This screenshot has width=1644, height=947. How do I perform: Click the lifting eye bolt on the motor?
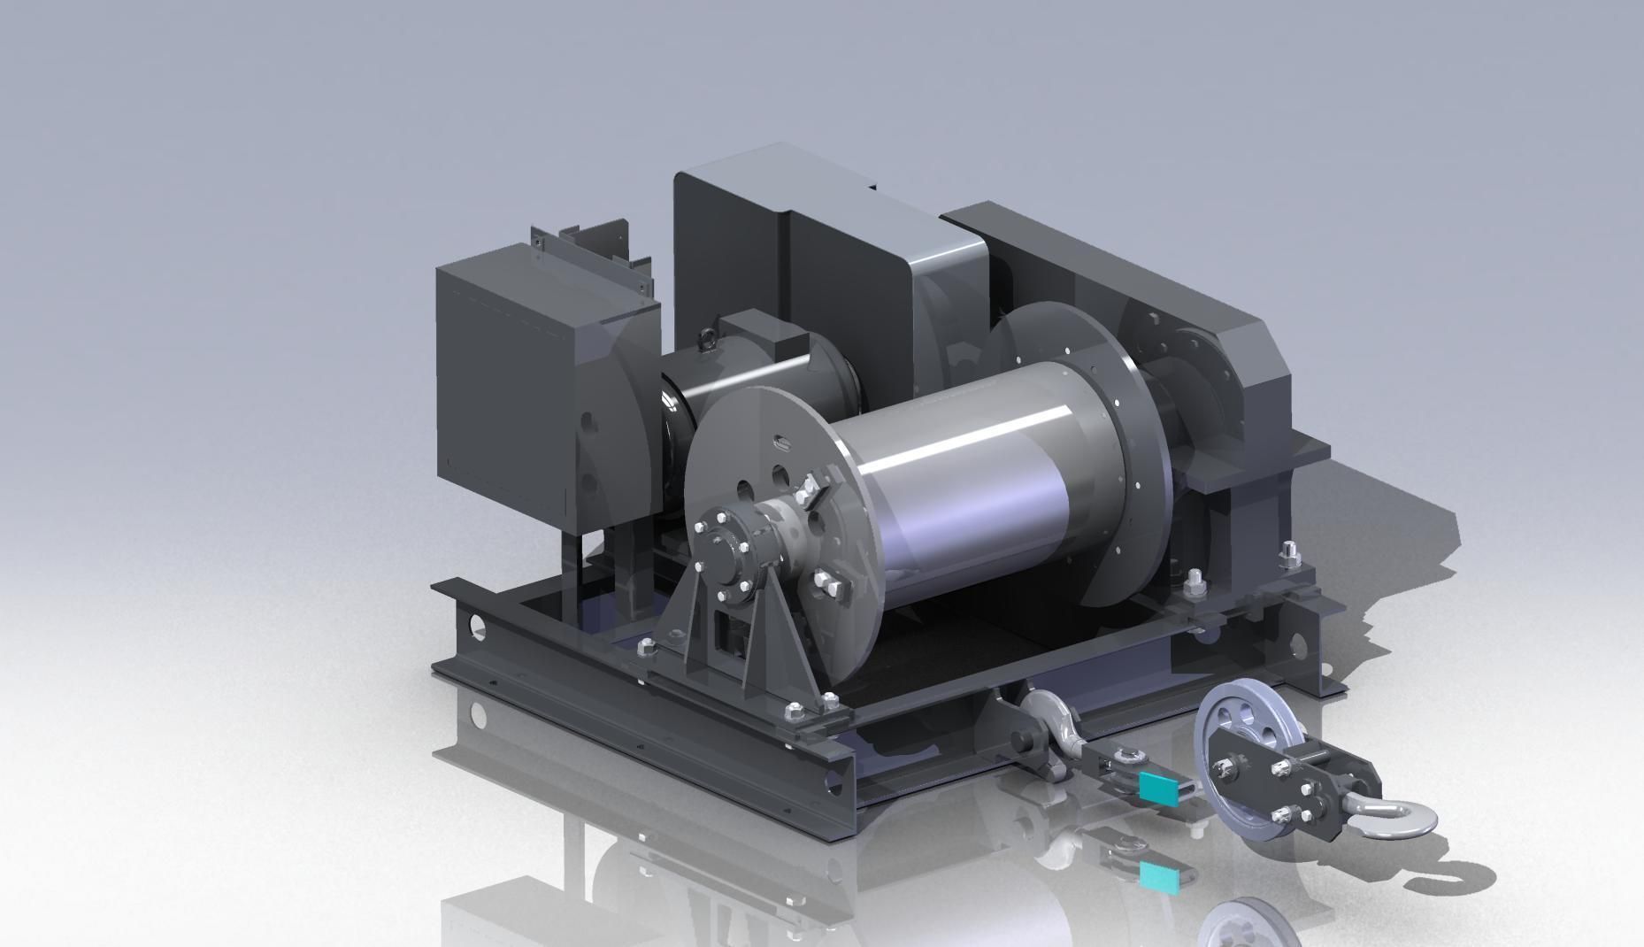pyautogui.click(x=709, y=337)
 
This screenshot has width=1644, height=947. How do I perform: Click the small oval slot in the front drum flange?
pyautogui.click(x=780, y=441)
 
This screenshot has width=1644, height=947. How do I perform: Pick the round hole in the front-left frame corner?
pyautogui.click(x=478, y=627)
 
